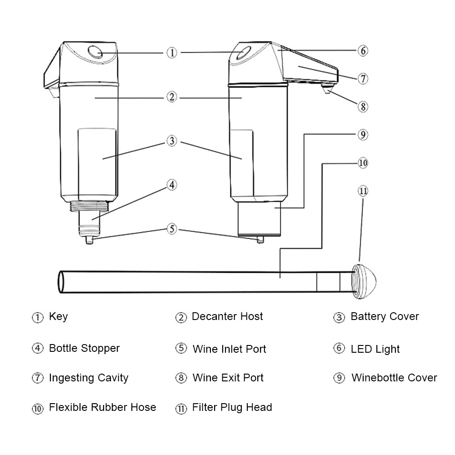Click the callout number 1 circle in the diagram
(171, 53)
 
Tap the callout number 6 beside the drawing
(362, 50)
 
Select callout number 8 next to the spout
(362, 107)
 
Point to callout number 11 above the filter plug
(362, 191)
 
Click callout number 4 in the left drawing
(171, 185)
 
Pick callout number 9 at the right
(362, 135)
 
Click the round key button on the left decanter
(96, 52)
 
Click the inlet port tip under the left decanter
(90, 241)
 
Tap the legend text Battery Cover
(385, 317)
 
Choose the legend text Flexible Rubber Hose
(102, 407)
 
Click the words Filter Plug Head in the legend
(232, 407)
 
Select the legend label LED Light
(375, 349)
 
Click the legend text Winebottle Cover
(394, 378)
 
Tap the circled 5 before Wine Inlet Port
(181, 349)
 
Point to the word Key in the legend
(58, 317)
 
